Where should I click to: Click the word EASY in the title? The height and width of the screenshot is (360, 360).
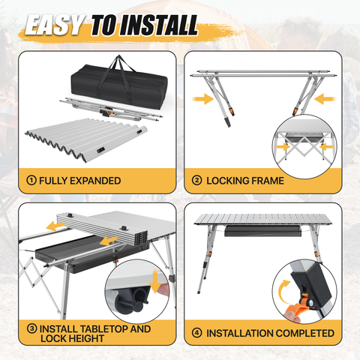(x=55, y=25)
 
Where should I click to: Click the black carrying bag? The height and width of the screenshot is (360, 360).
(x=119, y=85)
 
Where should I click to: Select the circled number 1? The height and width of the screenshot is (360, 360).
(x=31, y=180)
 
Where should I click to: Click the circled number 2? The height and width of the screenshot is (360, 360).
(x=196, y=180)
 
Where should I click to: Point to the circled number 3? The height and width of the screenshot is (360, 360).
(x=32, y=328)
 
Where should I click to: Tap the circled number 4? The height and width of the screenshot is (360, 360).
(x=196, y=333)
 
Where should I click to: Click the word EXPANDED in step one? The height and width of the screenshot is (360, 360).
(x=95, y=181)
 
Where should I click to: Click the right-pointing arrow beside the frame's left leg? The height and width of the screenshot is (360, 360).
(x=203, y=99)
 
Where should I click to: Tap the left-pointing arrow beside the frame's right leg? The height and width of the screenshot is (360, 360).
(x=325, y=99)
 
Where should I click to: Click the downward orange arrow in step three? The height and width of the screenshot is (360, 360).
(x=155, y=281)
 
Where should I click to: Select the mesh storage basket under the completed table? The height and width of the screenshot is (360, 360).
(x=263, y=231)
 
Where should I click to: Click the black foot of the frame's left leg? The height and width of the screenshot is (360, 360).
(x=227, y=122)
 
